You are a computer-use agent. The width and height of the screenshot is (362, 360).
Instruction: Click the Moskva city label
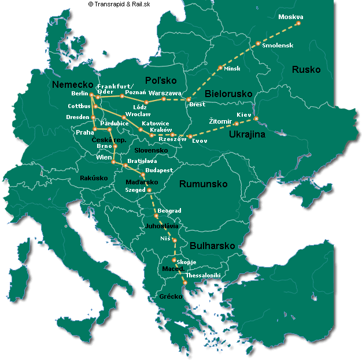click(x=290, y=16)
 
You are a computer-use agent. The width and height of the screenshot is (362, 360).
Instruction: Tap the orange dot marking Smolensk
click(x=258, y=43)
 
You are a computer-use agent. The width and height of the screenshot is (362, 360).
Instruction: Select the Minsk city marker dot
click(x=220, y=68)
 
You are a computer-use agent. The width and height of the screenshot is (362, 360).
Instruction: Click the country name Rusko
click(x=306, y=69)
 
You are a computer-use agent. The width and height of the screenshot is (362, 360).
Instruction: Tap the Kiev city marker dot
click(x=256, y=120)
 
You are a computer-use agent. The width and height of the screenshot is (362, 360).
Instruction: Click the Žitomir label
click(x=220, y=120)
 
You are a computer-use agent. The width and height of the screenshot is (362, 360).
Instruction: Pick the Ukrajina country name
click(x=248, y=135)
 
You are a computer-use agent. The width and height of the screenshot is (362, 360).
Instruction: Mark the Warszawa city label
click(x=165, y=92)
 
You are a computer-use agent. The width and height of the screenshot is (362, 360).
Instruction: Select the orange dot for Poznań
click(x=122, y=96)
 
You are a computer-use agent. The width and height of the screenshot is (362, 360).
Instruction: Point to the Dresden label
click(x=77, y=117)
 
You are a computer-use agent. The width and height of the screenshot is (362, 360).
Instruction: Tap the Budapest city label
click(x=159, y=170)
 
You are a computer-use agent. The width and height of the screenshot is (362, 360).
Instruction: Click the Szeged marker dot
click(x=149, y=190)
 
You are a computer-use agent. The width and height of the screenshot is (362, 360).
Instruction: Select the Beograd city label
click(x=169, y=211)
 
